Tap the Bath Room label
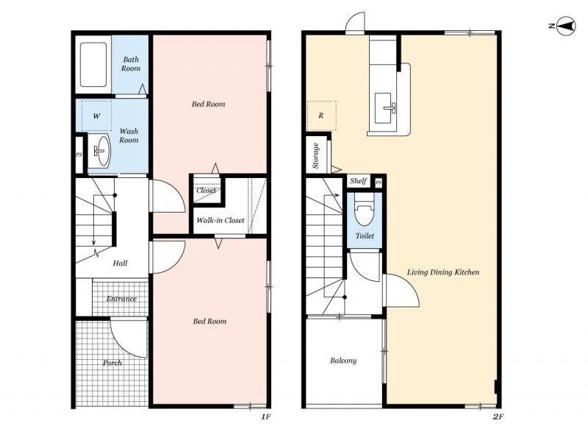(131, 64)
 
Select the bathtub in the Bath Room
(93, 65)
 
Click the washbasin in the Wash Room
(101, 151)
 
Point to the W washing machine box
(97, 116)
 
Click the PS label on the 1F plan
(79, 155)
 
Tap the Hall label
(120, 263)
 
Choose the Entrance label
(121, 299)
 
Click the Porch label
(112, 363)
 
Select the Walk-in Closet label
(220, 220)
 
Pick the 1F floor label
(266, 417)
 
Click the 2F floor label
(498, 417)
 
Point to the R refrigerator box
(321, 116)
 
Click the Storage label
(316, 155)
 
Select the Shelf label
(358, 181)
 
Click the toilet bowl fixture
(364, 210)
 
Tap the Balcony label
(343, 361)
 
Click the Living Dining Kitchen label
(443, 272)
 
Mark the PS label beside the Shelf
(379, 183)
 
